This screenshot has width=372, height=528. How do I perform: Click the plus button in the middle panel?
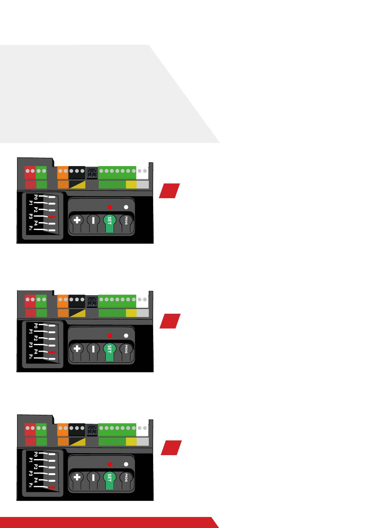click(77, 348)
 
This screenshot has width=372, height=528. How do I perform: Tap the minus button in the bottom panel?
click(93, 477)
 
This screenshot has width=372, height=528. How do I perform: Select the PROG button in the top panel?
click(126, 220)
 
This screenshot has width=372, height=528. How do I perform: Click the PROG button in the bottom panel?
click(126, 477)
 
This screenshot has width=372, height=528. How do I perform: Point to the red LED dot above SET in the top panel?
click(110, 207)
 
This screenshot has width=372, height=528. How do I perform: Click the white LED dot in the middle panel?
click(126, 336)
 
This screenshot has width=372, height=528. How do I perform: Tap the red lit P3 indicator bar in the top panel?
click(52, 217)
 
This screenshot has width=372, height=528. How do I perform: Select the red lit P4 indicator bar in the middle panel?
click(52, 353)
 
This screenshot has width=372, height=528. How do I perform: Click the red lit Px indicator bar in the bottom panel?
click(52, 488)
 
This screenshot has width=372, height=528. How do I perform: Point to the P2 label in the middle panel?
click(36, 338)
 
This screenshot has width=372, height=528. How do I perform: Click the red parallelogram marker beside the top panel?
click(169, 191)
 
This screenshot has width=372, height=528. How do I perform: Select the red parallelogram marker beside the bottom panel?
click(171, 448)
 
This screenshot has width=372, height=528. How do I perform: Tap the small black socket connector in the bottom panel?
click(91, 430)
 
